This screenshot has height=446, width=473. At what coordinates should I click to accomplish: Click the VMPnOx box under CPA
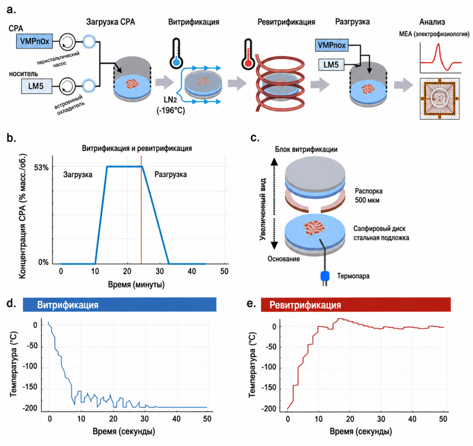pyautogui.click(x=35, y=41)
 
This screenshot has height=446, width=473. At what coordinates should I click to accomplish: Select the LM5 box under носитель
pyautogui.click(x=36, y=86)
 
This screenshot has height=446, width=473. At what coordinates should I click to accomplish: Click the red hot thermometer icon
pyautogui.click(x=248, y=54)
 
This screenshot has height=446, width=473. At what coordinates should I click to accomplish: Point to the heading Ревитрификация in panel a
pyautogui.click(x=286, y=22)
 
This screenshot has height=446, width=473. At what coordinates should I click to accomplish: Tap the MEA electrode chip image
pyautogui.click(x=439, y=98)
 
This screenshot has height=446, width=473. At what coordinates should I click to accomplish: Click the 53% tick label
pyautogui.click(x=41, y=167)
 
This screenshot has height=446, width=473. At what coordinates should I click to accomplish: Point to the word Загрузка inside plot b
pyautogui.click(x=78, y=175)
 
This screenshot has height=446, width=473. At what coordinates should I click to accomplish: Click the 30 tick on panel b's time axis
pyautogui.click(x=160, y=271)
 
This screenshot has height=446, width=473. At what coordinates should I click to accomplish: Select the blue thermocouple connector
pyautogui.click(x=325, y=276)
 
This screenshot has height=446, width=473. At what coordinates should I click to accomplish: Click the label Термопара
pyautogui.click(x=353, y=276)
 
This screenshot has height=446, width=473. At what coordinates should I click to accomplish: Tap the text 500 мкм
pyautogui.click(x=367, y=200)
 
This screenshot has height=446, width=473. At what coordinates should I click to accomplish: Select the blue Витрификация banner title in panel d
pyautogui.click(x=68, y=305)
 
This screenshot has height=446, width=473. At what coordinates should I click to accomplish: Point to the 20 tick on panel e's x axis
pyautogui.click(x=350, y=419)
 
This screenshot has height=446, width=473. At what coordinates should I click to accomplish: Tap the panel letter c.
pyautogui.click(x=255, y=138)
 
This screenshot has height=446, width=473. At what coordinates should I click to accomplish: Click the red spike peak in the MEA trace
pyautogui.click(x=438, y=45)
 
